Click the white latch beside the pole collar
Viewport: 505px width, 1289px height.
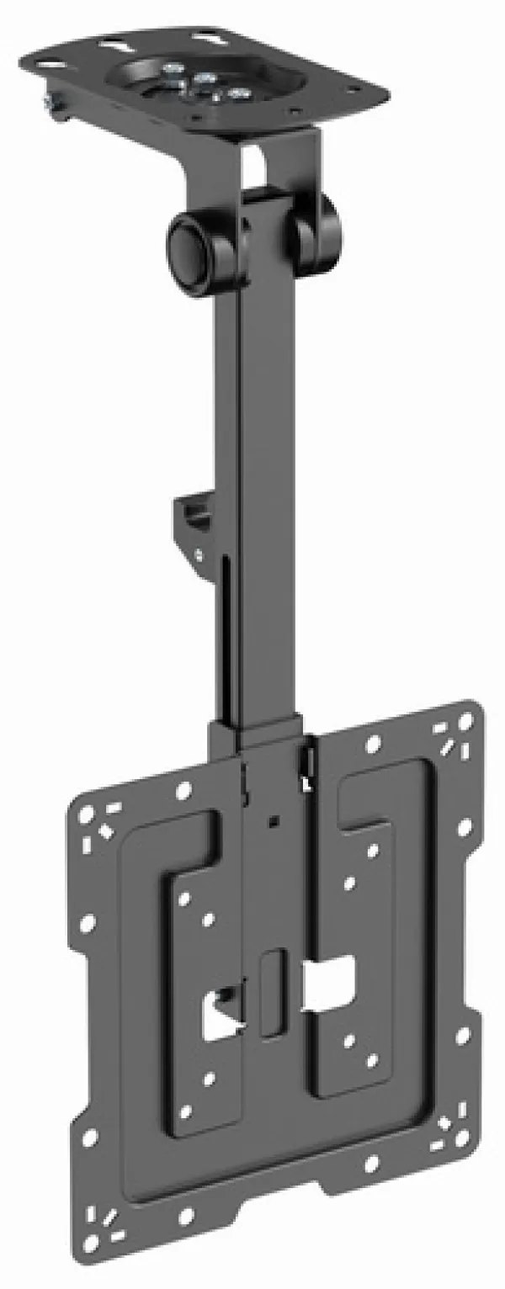[x=306, y=761]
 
